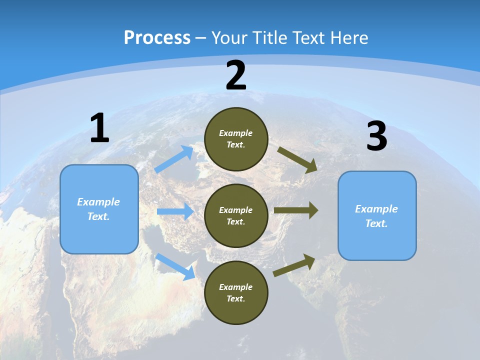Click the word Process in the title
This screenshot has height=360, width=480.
157,38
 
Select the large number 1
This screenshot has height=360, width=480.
99,128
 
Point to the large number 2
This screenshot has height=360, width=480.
236,75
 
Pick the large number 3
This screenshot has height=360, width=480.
376,136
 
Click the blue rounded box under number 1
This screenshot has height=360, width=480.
99,209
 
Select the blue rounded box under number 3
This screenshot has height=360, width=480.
377,216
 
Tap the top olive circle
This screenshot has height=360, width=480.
236,139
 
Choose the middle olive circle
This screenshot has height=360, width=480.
236,215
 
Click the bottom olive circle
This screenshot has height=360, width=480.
236,292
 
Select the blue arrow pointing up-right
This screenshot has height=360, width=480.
174,159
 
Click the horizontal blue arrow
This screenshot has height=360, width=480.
174,211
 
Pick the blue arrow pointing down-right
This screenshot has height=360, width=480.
175,266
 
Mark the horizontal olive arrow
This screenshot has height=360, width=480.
295,210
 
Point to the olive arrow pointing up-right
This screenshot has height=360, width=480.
294,265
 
